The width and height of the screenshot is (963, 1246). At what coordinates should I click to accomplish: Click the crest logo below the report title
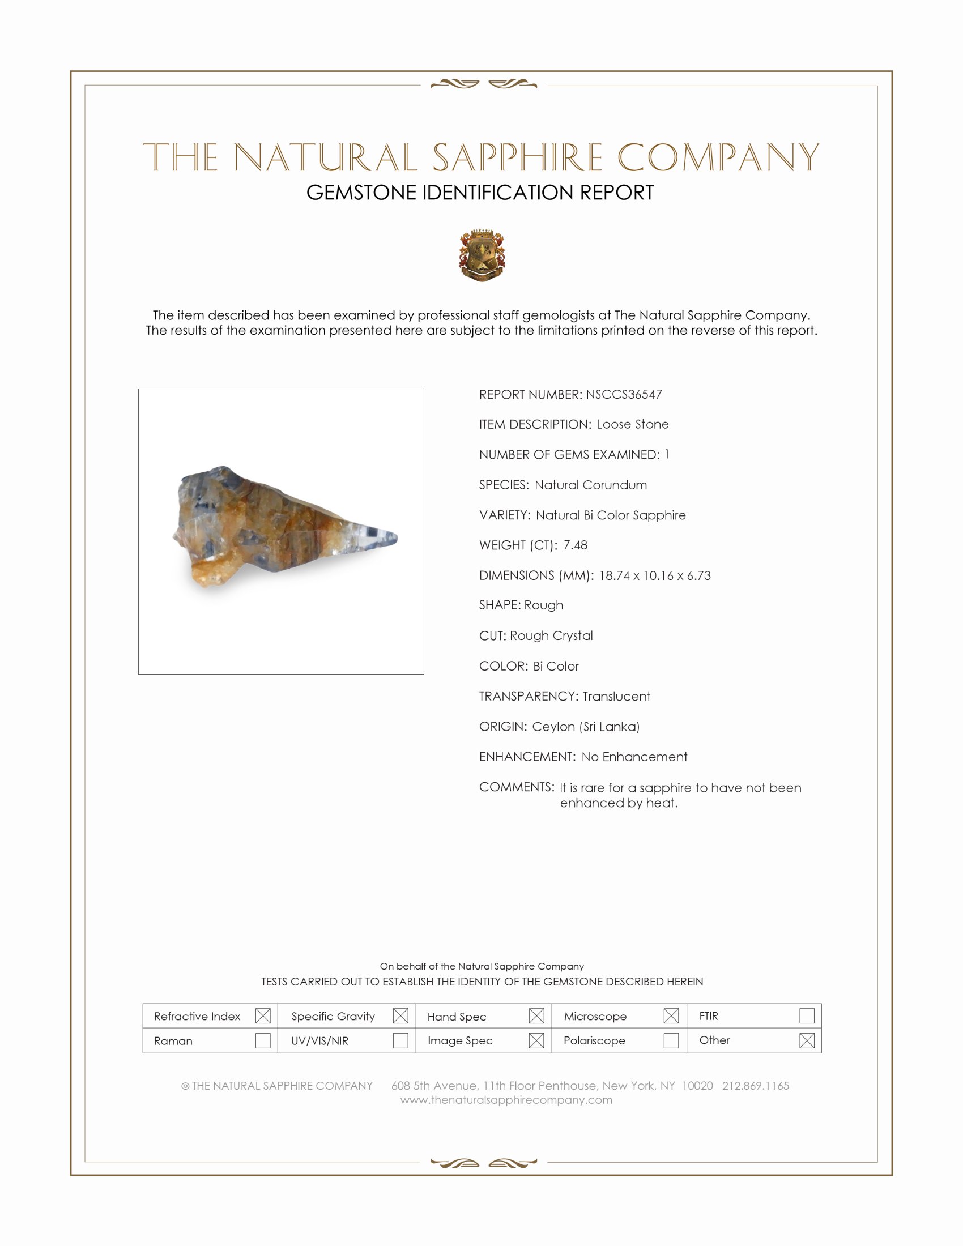point(482,255)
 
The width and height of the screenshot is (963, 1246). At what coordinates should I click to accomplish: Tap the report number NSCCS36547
point(624,394)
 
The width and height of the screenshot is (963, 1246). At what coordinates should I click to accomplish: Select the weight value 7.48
point(575,545)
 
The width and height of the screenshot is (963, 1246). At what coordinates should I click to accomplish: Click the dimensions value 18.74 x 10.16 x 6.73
point(654,575)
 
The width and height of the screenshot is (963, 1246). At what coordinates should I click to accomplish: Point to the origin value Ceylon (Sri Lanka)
point(585,726)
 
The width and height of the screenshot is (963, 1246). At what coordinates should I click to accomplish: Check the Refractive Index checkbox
point(263,1016)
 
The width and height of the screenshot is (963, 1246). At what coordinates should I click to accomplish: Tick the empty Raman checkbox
point(263,1040)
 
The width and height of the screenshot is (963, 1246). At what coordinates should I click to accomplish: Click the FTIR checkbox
point(807,1016)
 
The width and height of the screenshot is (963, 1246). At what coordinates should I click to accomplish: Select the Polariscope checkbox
point(671,1040)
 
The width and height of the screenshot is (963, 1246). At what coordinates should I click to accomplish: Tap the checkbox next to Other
point(807,1040)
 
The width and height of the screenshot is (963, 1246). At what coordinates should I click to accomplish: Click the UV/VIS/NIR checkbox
point(400,1040)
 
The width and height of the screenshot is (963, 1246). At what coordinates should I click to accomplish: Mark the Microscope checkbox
point(671,1016)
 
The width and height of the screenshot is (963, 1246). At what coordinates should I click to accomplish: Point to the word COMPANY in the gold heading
point(717,157)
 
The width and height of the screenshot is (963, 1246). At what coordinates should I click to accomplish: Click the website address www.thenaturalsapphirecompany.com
point(506,1100)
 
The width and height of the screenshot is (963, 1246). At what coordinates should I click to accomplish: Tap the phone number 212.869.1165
point(755,1086)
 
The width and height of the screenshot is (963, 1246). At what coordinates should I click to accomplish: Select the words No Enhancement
point(634,757)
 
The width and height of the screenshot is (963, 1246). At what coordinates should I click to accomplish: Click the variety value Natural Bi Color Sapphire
point(611,515)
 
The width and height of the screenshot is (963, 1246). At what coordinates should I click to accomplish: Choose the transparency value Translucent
point(616,696)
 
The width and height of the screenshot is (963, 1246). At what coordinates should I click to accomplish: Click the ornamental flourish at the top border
point(483,84)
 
